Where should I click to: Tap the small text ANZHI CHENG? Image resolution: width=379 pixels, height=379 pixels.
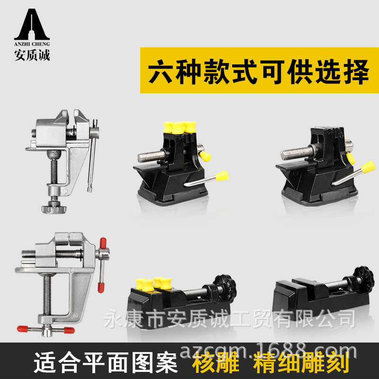pos(32,44)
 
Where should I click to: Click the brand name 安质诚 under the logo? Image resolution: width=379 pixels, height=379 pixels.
pos(32,54)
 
